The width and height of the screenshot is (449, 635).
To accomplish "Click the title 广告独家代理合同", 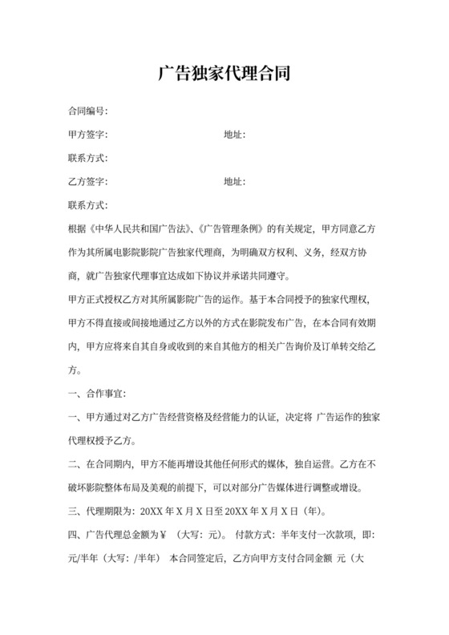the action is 224,75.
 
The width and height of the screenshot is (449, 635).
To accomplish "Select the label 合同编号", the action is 87,111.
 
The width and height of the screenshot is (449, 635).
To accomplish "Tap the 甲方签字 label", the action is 87,135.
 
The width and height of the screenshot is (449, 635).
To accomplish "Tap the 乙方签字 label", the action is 87,182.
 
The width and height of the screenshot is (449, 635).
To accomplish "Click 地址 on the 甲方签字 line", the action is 233,135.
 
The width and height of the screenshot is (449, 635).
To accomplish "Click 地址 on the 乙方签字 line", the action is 233,182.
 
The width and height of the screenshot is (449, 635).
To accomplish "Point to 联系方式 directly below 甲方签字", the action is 87,159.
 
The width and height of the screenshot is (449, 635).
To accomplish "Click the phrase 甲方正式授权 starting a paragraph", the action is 97,300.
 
